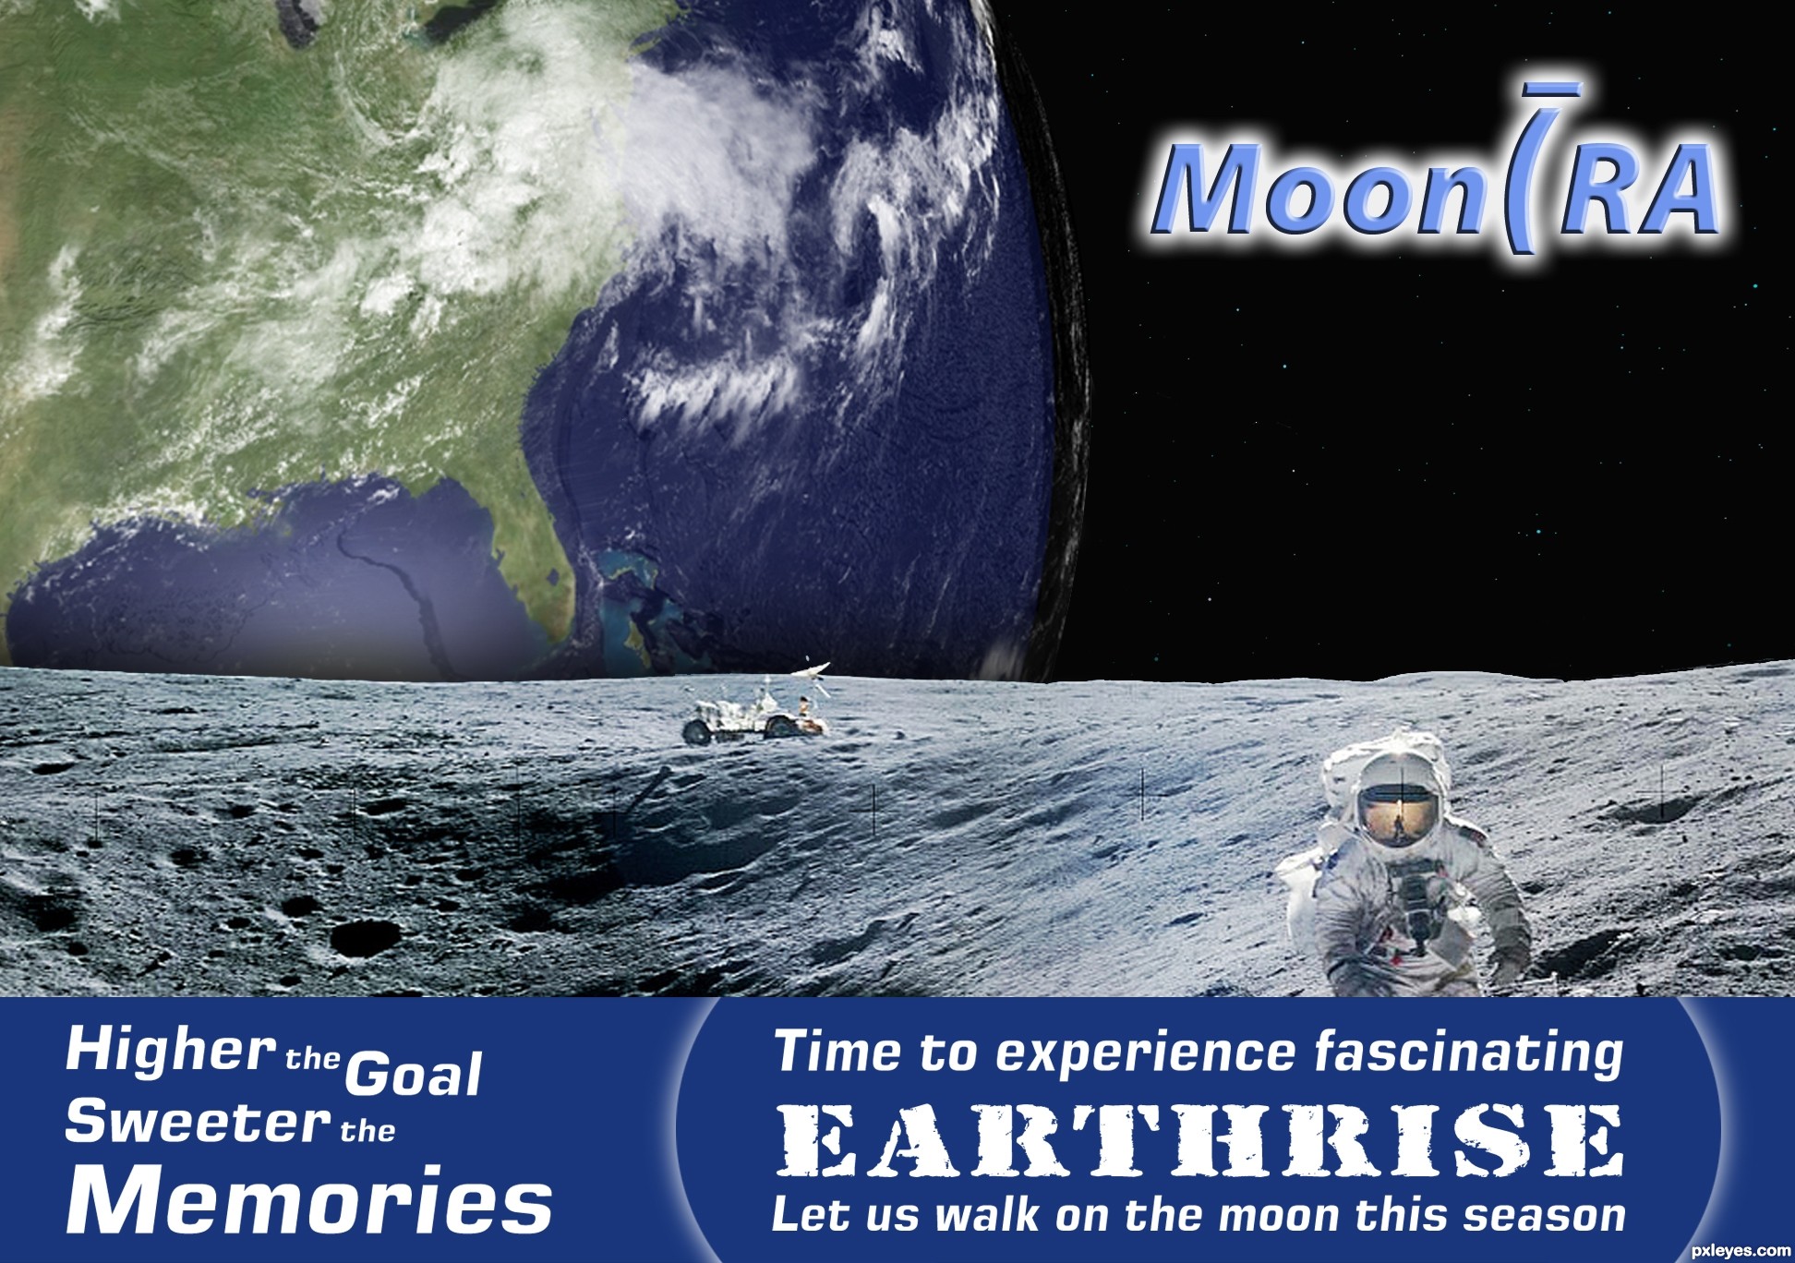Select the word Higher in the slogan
[171, 1053]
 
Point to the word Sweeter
[198, 1123]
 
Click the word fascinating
[1469, 1054]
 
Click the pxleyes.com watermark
[1740, 1251]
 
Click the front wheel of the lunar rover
[697, 733]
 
